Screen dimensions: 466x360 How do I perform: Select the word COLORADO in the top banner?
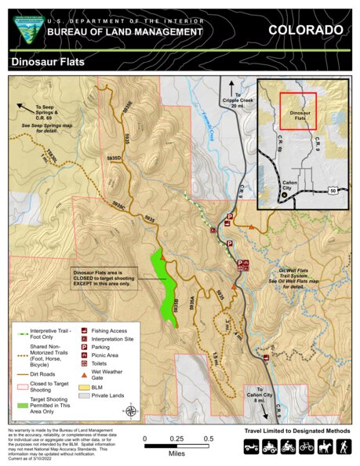(x=305, y=30)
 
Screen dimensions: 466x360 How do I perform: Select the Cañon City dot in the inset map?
(x=273, y=194)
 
